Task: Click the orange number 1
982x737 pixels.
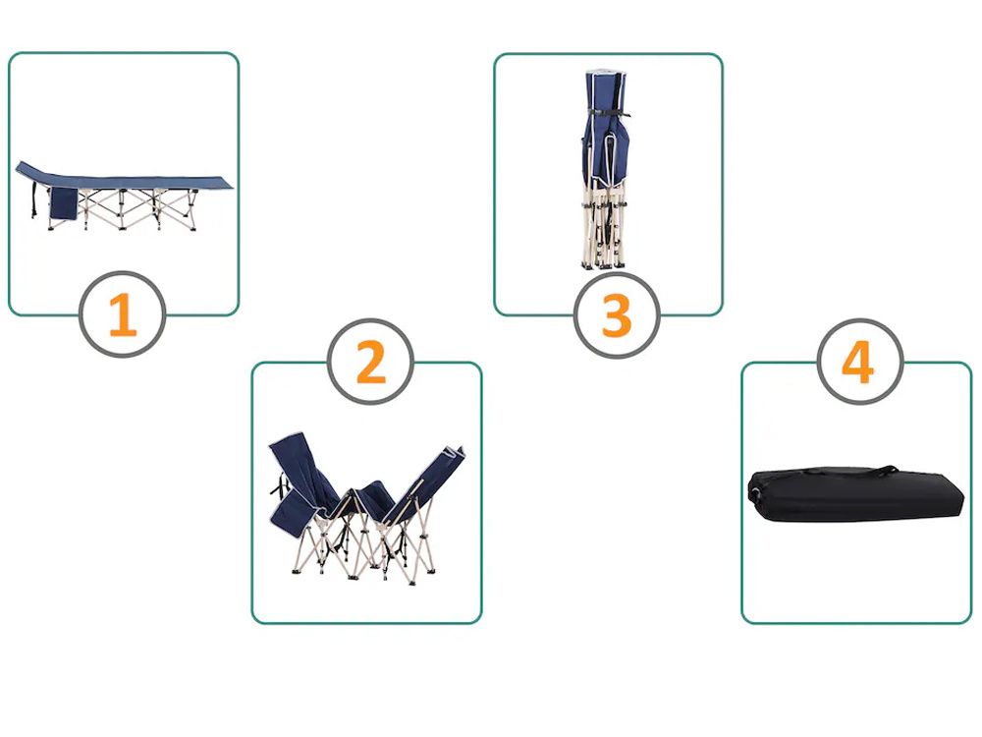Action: [x=123, y=315]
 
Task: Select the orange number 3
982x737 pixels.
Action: [x=617, y=315]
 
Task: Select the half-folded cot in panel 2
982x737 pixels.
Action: [x=367, y=508]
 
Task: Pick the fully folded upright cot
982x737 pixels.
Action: [x=605, y=170]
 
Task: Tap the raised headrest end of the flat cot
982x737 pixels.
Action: [x=32, y=170]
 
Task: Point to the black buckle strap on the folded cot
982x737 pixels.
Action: [x=608, y=113]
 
